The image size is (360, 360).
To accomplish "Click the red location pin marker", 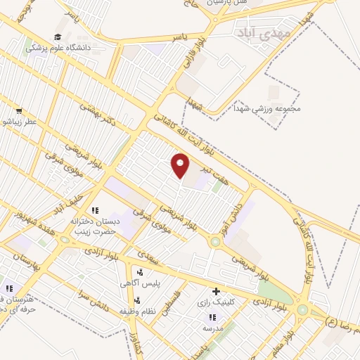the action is click(x=181, y=165).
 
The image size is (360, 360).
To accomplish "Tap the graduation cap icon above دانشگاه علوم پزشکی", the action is click(x=57, y=37).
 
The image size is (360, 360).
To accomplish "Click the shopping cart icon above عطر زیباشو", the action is click(x=18, y=111).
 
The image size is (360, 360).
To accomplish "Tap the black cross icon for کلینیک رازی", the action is click(x=216, y=291).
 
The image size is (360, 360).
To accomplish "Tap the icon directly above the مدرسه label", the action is click(x=212, y=317).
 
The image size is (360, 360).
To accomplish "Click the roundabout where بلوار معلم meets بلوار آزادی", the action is click(x=302, y=309).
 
